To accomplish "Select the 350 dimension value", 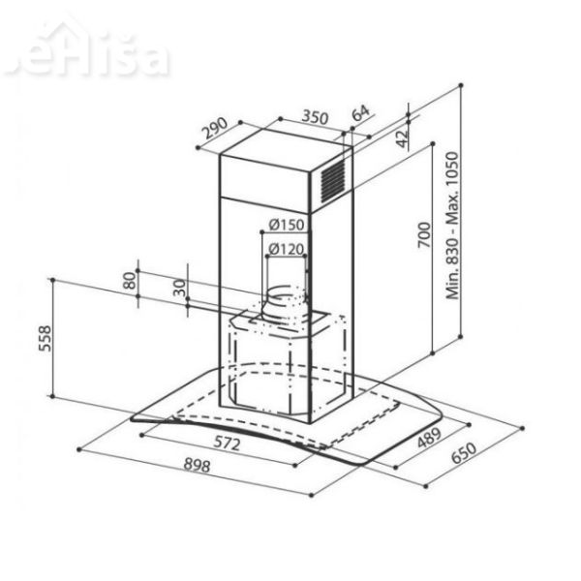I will [x=312, y=116].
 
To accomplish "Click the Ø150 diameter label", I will [x=287, y=226].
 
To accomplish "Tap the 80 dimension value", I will [x=129, y=281].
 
